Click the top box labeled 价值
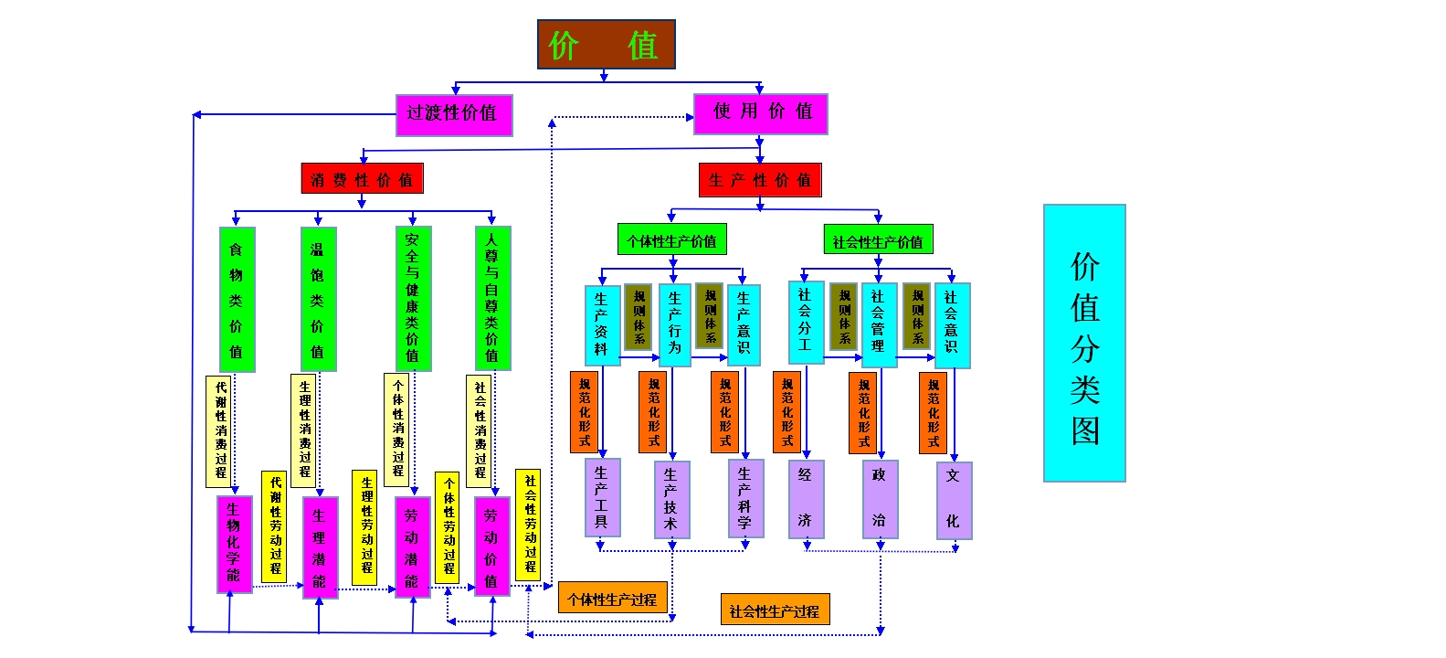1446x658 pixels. [x=606, y=45]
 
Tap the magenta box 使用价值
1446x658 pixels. [x=760, y=113]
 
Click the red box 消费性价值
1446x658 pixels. [x=362, y=179]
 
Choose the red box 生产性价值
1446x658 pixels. [x=760, y=180]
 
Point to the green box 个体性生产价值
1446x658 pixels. [x=671, y=241]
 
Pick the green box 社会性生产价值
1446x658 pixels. [x=878, y=241]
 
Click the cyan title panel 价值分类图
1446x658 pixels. [x=1084, y=343]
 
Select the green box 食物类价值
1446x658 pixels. [x=237, y=299]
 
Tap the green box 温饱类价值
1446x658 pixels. [x=318, y=299]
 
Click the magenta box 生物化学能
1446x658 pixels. [x=234, y=543]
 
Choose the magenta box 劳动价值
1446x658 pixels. [x=491, y=546]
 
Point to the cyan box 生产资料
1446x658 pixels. [x=601, y=324]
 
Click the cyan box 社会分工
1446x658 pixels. [x=805, y=322]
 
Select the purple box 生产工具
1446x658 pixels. [x=601, y=497]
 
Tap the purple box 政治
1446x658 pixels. [x=879, y=499]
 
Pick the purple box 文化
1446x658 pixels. [x=953, y=500]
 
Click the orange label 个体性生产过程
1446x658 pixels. [x=612, y=599]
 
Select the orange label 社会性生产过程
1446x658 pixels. [x=775, y=610]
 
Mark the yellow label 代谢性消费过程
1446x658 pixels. [x=221, y=430]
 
